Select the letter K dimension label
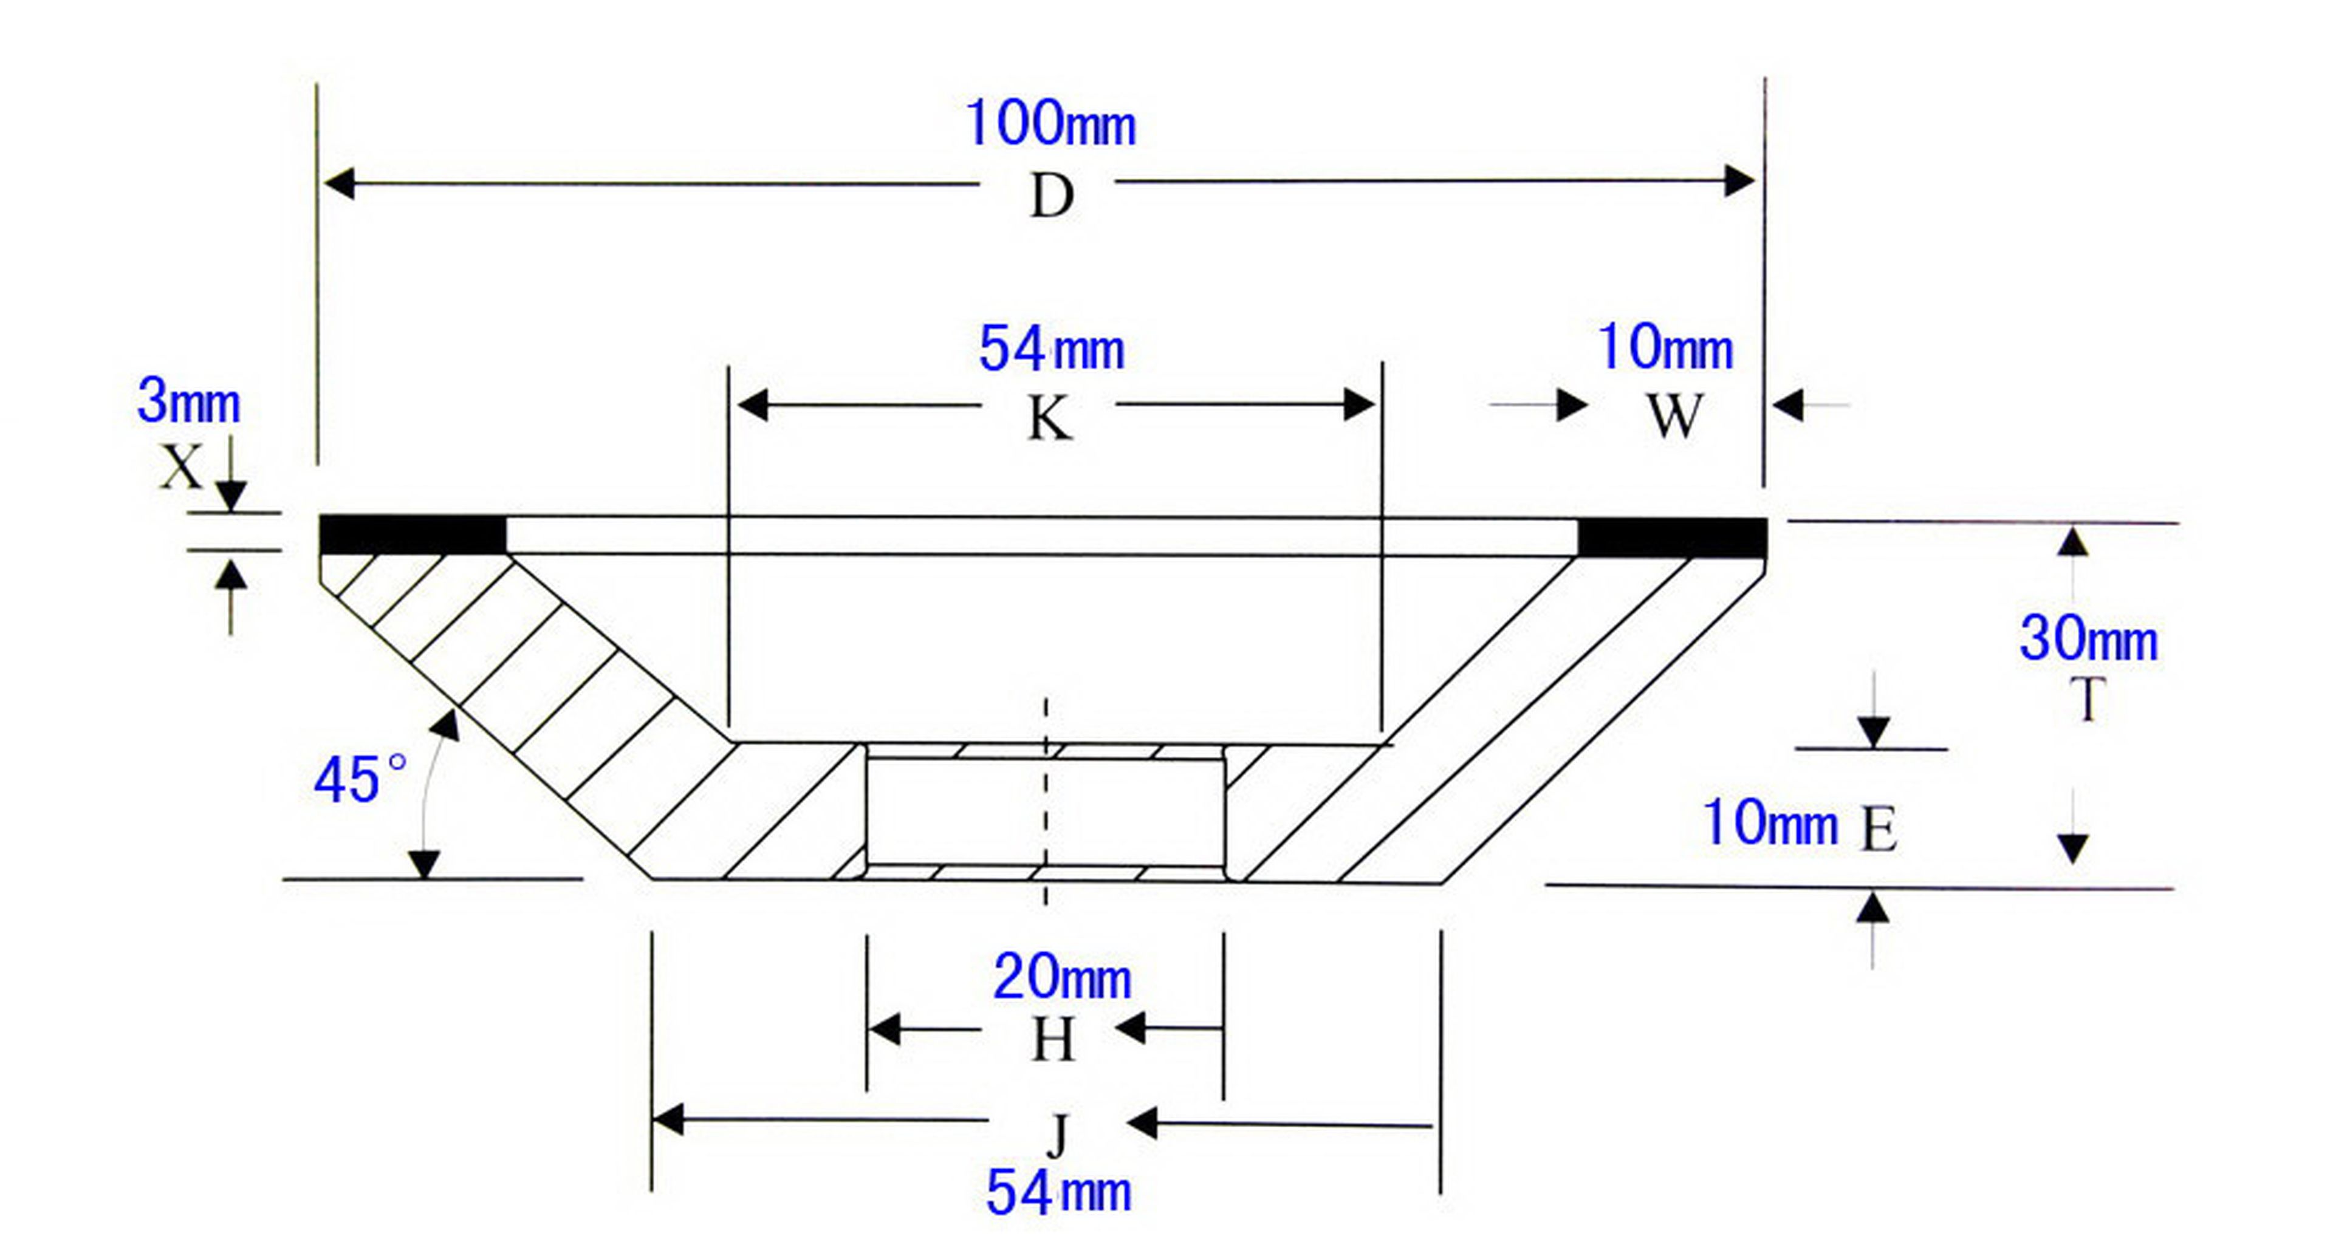pyautogui.click(x=1049, y=419)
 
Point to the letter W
pyautogui.click(x=1674, y=417)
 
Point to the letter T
pyautogui.click(x=2087, y=699)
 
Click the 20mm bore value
pyautogui.click(x=1061, y=978)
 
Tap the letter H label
pyautogui.click(x=1052, y=1040)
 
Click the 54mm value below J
pyautogui.click(x=1058, y=1192)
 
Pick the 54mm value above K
pyautogui.click(x=1050, y=349)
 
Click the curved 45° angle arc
pyautogui.click(x=428, y=788)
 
